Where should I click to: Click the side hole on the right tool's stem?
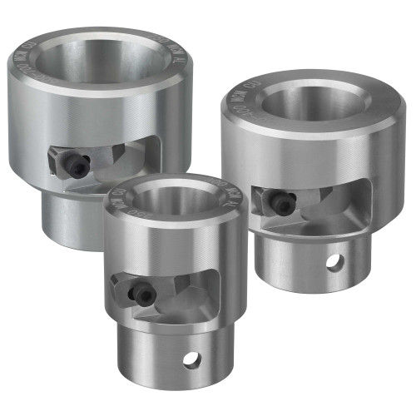coord(334,262)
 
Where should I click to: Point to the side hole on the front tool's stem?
coord(191,359)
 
